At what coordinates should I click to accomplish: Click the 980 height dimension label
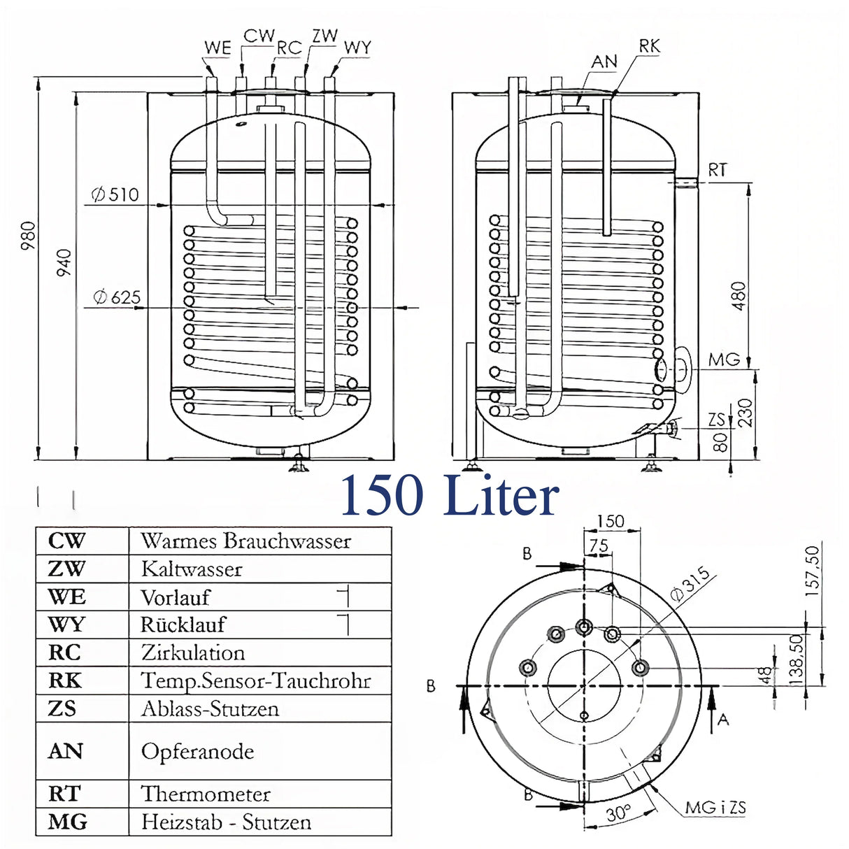(27, 236)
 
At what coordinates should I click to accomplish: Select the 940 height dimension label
(64, 262)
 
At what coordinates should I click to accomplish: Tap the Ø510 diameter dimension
(115, 194)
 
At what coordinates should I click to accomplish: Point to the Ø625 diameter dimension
(117, 297)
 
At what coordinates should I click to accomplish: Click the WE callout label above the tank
(217, 48)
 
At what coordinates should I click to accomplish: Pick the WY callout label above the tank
(357, 48)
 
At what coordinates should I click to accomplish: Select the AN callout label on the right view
(604, 62)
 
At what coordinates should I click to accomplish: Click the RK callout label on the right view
(649, 46)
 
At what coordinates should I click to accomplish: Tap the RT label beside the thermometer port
(718, 170)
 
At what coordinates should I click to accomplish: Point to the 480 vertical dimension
(739, 296)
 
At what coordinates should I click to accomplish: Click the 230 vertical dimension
(745, 412)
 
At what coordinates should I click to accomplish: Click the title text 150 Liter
(450, 495)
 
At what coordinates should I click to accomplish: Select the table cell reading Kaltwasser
(192, 569)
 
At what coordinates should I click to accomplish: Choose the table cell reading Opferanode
(197, 752)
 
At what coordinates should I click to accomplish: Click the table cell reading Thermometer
(206, 794)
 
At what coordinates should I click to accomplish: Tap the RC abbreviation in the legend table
(64, 652)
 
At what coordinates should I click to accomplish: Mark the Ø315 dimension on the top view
(690, 585)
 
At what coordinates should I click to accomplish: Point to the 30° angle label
(617, 814)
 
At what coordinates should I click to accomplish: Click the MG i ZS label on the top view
(715, 808)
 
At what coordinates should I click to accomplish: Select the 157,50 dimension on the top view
(812, 571)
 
